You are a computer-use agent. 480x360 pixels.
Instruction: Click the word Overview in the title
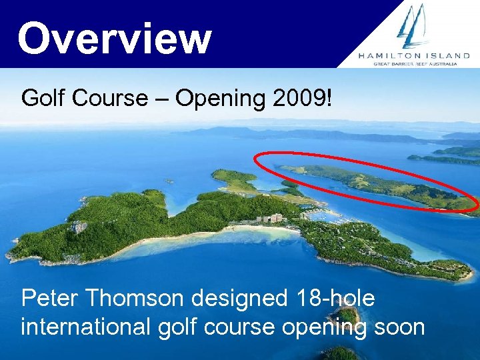115,38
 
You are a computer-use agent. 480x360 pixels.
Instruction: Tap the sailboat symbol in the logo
413,27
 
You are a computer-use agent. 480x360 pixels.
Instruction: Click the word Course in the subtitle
111,99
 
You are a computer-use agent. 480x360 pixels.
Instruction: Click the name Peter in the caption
51,299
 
